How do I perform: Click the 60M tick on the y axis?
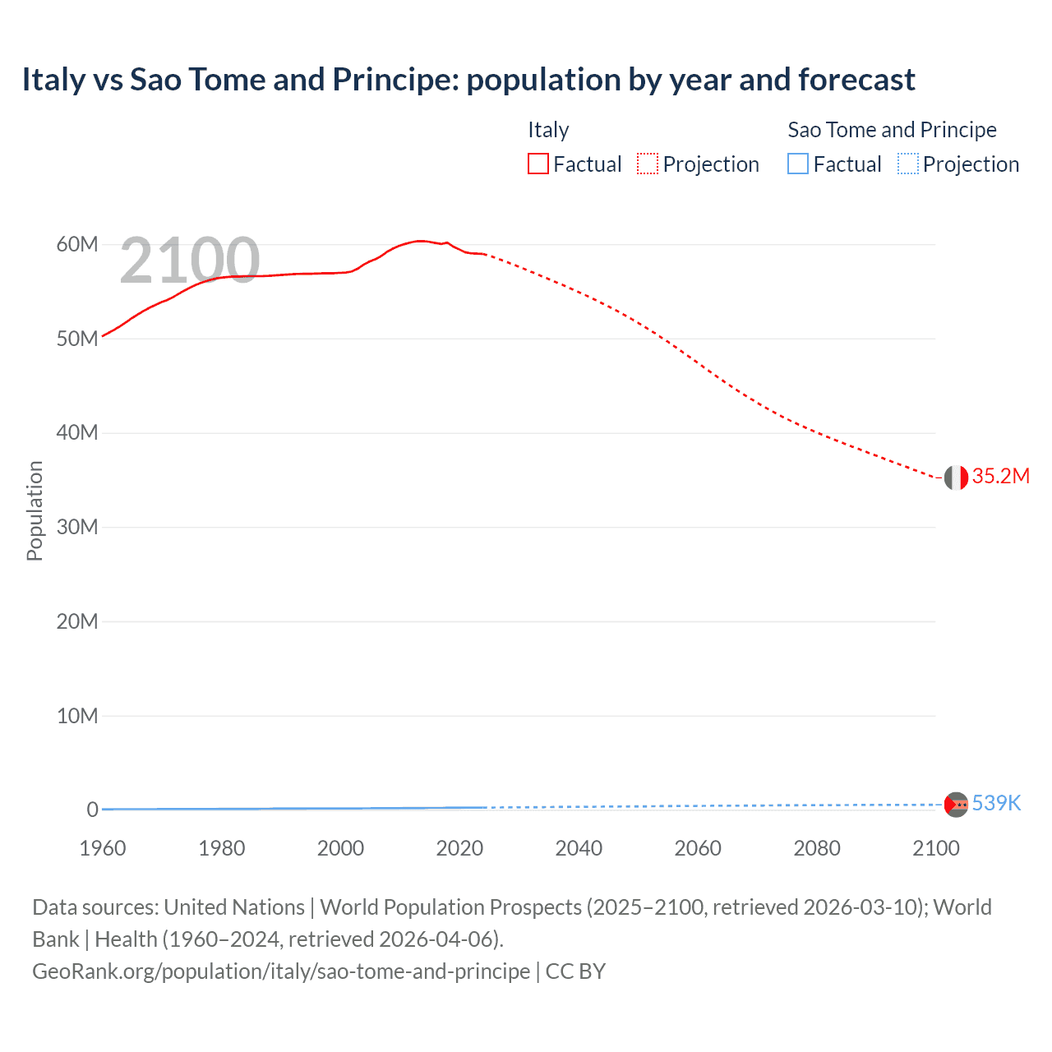point(77,244)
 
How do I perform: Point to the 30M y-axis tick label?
point(77,527)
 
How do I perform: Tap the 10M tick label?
point(77,716)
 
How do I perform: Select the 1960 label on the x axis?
point(103,848)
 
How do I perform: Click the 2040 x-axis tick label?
point(579,848)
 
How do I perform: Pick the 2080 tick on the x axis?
point(817,848)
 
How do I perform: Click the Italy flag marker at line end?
point(956,477)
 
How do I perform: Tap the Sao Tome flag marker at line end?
point(956,804)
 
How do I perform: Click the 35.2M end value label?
point(1000,477)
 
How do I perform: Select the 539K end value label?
point(996,804)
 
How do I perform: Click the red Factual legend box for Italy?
point(538,164)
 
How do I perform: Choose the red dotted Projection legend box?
point(648,164)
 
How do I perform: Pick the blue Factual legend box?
point(798,164)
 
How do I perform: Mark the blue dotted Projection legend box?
point(907,164)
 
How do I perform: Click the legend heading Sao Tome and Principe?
point(892,130)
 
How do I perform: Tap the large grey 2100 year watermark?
point(190,261)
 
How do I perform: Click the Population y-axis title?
point(35,510)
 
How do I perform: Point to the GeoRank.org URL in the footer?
point(281,971)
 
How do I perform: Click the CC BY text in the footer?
point(575,971)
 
